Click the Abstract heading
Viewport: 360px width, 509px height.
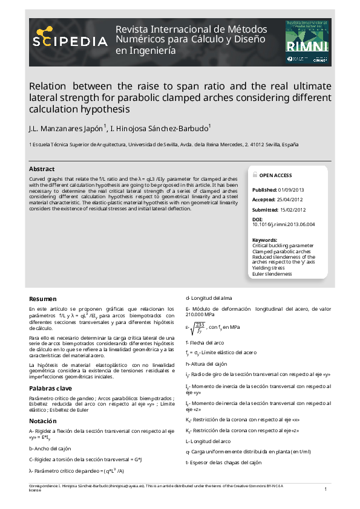[x=42, y=169]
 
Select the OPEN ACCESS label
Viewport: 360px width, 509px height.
[x=275, y=175]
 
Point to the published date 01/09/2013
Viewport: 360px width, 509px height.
[x=291, y=190]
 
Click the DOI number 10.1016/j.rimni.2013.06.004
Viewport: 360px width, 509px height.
[x=284, y=224]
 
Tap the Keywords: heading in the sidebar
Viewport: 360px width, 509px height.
[x=264, y=240]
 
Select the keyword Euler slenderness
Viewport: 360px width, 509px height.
[x=272, y=274]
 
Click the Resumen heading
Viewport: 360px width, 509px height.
[x=43, y=299]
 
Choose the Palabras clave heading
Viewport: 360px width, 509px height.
[x=50, y=387]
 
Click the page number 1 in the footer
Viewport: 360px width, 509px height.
[x=326, y=488]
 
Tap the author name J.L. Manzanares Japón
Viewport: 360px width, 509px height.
[x=67, y=129]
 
